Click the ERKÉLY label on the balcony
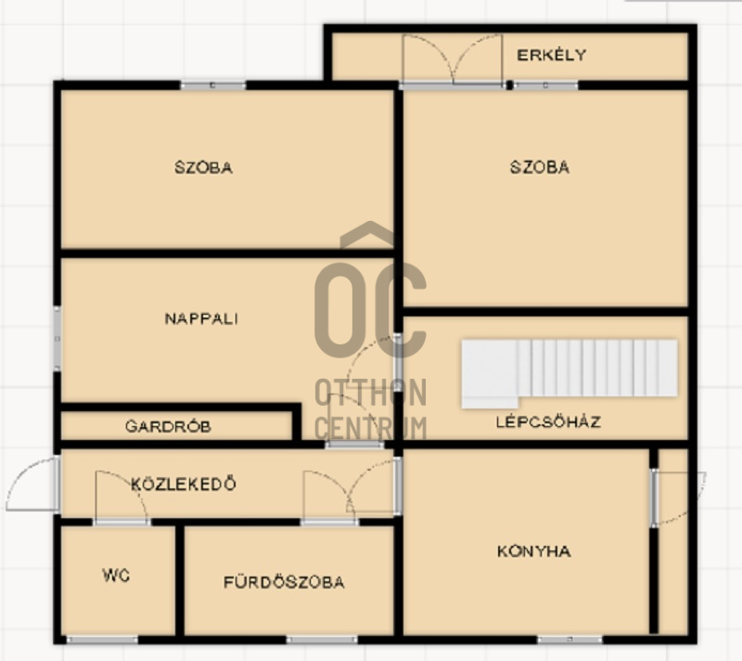coord(551,55)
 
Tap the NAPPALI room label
coord(201,318)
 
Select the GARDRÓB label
coord(168,426)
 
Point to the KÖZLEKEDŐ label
coord(183,484)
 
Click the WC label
coord(116,575)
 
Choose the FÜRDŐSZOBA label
coord(284,582)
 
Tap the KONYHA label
coord(534,551)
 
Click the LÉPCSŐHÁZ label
coord(548,421)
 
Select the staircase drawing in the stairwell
coord(569,373)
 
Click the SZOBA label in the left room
coord(203,167)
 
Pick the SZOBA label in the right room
coord(540,167)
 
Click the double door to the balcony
coord(452,60)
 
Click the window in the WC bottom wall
coord(102,640)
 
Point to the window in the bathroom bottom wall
coord(322,640)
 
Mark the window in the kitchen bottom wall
coord(569,640)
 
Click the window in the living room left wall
coord(57,339)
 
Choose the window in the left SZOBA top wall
coord(213,85)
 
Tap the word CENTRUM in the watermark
coord(370,428)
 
